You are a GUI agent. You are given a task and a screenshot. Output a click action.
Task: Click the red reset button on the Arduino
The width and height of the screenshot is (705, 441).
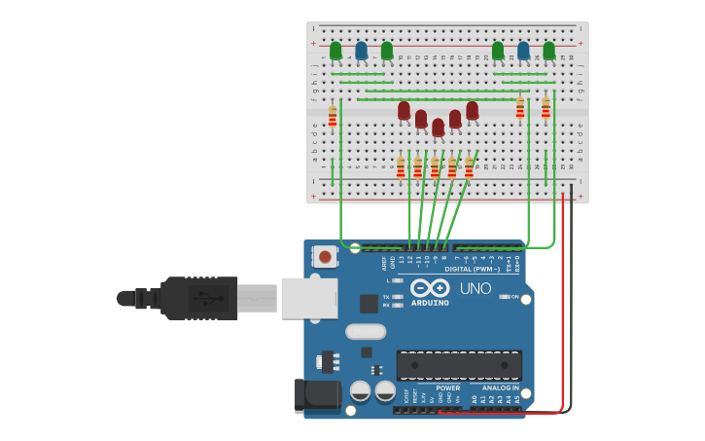pos(325,257)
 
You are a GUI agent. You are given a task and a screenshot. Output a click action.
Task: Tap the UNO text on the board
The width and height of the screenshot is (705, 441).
pos(476,288)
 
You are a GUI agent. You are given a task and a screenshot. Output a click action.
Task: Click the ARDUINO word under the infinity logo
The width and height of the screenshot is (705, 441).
pos(429,303)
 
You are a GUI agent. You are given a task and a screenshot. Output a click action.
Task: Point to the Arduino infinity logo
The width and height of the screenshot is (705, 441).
pos(429,288)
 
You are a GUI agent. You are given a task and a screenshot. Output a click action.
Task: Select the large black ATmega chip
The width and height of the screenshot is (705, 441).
pos(458,365)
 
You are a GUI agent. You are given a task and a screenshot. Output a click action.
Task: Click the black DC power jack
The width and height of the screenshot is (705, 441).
pos(317,395)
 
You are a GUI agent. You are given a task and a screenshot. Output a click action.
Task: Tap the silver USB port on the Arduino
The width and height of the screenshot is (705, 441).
pos(309,298)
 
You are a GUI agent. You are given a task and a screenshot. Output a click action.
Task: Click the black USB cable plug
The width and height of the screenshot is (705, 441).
pos(199,298)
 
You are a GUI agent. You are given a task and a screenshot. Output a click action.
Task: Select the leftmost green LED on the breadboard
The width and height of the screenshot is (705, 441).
pos(335,51)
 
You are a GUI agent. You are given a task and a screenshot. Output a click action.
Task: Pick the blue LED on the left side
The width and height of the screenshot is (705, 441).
pos(362,51)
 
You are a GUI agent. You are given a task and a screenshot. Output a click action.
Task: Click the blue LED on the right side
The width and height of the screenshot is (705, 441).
pos(523,51)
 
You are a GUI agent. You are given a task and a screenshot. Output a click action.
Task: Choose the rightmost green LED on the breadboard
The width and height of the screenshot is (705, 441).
pos(549,51)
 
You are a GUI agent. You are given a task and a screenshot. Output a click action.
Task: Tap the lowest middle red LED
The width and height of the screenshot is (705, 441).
pos(438,128)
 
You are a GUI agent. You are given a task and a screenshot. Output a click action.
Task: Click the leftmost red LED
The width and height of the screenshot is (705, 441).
pos(404,111)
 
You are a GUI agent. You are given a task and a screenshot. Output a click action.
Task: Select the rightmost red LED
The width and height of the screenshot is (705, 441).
pos(472,111)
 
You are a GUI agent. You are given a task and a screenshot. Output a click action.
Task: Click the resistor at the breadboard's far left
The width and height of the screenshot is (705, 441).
pos(333,117)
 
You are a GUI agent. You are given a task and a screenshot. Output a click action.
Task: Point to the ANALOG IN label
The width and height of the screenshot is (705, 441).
pos(501,387)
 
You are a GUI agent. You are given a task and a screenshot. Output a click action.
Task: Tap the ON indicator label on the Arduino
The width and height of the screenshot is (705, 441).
pos(514,297)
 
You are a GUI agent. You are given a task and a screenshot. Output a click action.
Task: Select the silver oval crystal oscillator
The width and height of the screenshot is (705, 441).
pos(366,331)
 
